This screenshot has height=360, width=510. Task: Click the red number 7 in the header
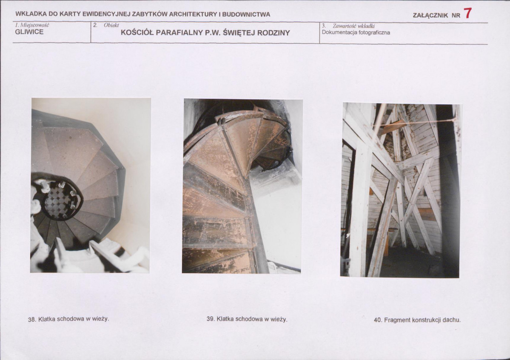(x=467, y=13)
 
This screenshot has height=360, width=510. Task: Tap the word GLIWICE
(x=29, y=32)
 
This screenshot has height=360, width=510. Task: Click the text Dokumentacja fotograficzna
(x=356, y=32)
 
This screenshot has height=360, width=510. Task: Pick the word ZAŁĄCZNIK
(x=430, y=15)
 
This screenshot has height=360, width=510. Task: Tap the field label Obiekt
(x=111, y=25)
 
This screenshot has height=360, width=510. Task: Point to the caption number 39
(x=211, y=319)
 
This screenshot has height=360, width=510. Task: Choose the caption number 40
(x=378, y=320)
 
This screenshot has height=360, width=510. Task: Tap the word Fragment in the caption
(x=397, y=320)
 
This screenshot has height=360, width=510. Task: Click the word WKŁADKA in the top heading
(x=31, y=14)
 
